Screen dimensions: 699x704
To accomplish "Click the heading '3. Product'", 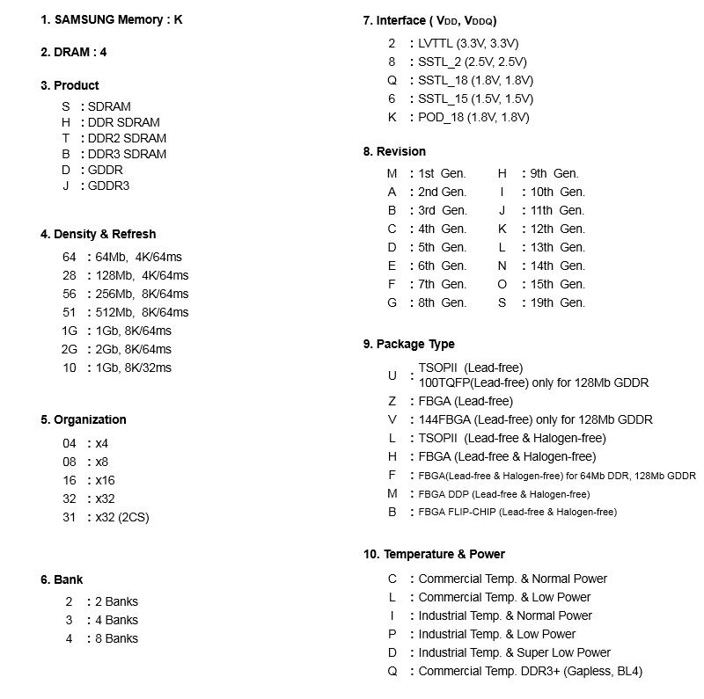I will point(70,85).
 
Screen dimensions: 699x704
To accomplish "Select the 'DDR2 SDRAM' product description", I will point(127,138).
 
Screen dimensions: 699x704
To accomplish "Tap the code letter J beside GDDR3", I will point(66,186).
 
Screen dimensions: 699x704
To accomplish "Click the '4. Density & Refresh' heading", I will point(98,234).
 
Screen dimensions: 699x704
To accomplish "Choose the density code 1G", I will point(70,331).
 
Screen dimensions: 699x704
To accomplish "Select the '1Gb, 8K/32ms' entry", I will point(133,368).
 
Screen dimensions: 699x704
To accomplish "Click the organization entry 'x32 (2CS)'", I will point(122,517).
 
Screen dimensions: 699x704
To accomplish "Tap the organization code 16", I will point(70,480).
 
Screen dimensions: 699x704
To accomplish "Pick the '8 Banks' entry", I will point(116,638).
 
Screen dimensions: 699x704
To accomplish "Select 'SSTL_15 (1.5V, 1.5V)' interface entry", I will point(475,98).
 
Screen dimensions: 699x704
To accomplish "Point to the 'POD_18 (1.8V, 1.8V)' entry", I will point(473,117).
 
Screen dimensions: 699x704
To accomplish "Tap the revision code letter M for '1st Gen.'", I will point(392,173).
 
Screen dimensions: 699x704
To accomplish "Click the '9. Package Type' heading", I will point(408,344).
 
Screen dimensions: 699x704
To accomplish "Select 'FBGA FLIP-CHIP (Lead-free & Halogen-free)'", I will point(517,512).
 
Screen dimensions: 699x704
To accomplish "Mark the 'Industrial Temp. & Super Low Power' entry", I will point(514,652).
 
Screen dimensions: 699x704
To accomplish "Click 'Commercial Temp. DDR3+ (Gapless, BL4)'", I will point(530,671).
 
